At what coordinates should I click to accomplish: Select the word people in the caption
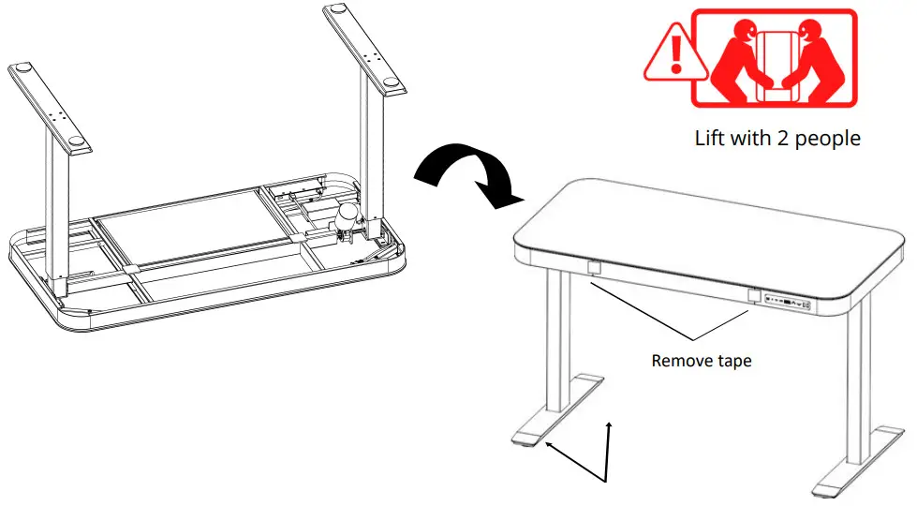(828, 139)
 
